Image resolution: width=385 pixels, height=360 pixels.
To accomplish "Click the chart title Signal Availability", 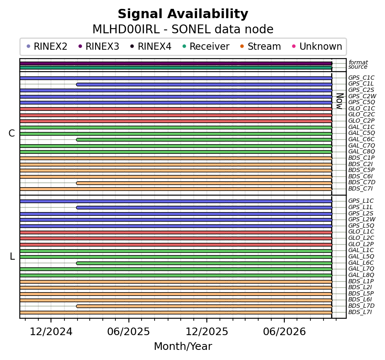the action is [183, 14].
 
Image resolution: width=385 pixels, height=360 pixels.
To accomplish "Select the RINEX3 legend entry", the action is [99, 46].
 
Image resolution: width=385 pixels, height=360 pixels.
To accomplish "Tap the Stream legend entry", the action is [261, 46].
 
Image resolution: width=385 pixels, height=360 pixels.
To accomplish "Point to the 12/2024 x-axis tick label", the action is [51, 332].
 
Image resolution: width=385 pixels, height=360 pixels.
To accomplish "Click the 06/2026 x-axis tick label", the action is [284, 332].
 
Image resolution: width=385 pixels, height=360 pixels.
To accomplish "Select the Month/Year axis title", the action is [183, 347].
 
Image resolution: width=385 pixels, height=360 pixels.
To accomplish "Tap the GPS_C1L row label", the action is [361, 84].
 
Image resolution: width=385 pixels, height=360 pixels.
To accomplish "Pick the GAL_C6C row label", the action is [361, 140].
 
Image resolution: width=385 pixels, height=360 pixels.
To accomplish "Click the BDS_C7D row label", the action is [362, 183].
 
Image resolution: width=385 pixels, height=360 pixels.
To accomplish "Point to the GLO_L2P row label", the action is [361, 244].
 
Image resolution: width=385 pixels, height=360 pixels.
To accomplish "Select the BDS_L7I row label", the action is [360, 312].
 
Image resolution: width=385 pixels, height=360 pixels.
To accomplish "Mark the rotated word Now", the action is [340, 101].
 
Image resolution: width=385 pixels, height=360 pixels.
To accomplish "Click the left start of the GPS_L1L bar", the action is [78, 208].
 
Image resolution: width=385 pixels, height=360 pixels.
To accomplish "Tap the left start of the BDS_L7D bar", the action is [78, 306].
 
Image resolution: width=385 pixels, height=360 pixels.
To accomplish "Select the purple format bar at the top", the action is [176, 63].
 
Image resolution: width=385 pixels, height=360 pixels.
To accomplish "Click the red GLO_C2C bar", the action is [176, 115].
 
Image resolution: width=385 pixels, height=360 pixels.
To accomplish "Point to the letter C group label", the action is [12, 134].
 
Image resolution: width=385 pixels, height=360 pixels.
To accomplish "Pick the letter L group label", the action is [12, 257].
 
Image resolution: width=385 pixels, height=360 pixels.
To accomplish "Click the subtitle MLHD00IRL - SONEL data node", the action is [183, 30].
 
